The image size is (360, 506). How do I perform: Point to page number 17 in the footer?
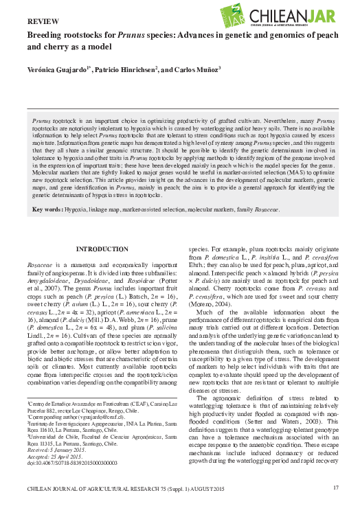[x=335, y=487]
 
